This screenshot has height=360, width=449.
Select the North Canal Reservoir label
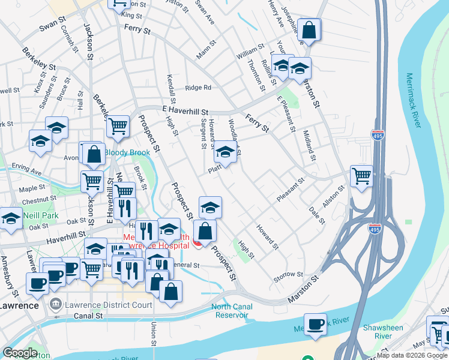point(232,311)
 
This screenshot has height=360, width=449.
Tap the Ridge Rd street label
point(198,88)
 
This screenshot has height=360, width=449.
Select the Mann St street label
point(205,51)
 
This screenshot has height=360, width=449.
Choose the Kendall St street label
point(172,90)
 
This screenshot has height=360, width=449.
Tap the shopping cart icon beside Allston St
point(361,176)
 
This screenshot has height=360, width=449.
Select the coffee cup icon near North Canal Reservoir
point(315,324)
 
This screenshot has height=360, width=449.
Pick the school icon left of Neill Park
point(11,219)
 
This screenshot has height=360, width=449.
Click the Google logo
point(20,353)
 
